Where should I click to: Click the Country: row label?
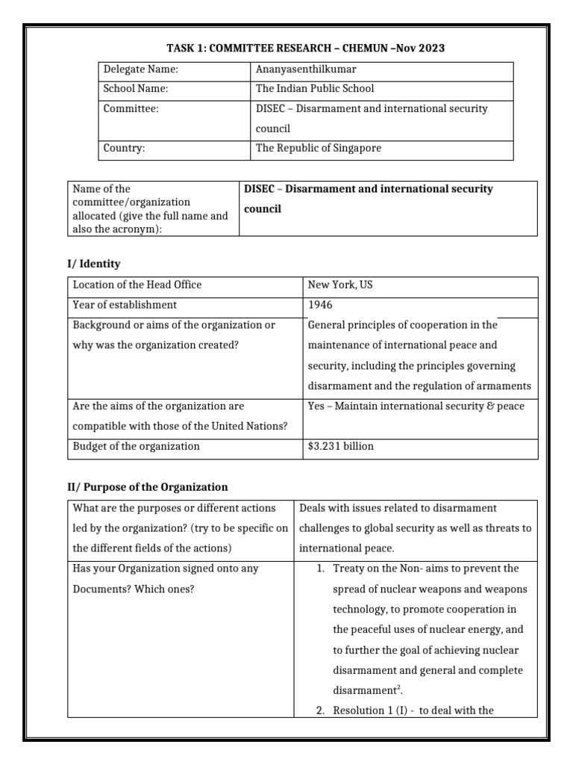pos(124,148)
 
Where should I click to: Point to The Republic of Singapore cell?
pos(318,148)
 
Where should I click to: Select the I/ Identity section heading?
pos(93,264)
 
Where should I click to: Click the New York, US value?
pos(340,285)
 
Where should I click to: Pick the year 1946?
pos(320,305)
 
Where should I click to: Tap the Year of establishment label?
pos(125,305)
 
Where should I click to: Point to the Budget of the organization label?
pos(136,446)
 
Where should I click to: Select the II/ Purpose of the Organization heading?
pos(148,487)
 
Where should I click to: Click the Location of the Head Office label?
pos(137,285)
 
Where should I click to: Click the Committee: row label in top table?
pos(131,109)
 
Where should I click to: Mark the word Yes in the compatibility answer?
pos(316,406)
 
